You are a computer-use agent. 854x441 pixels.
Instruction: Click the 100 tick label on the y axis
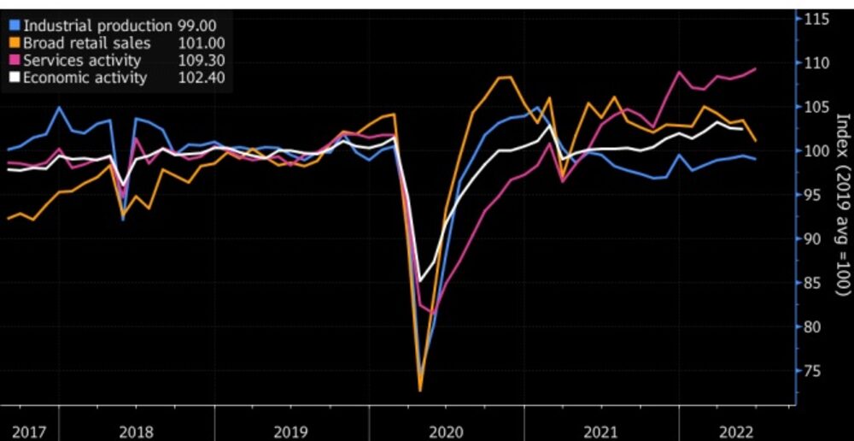tap(817, 151)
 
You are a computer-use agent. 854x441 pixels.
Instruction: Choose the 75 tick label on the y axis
tap(814, 371)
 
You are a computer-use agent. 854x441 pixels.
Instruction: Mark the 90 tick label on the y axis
tap(814, 239)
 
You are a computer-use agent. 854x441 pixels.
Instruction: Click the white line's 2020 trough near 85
tap(420, 281)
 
